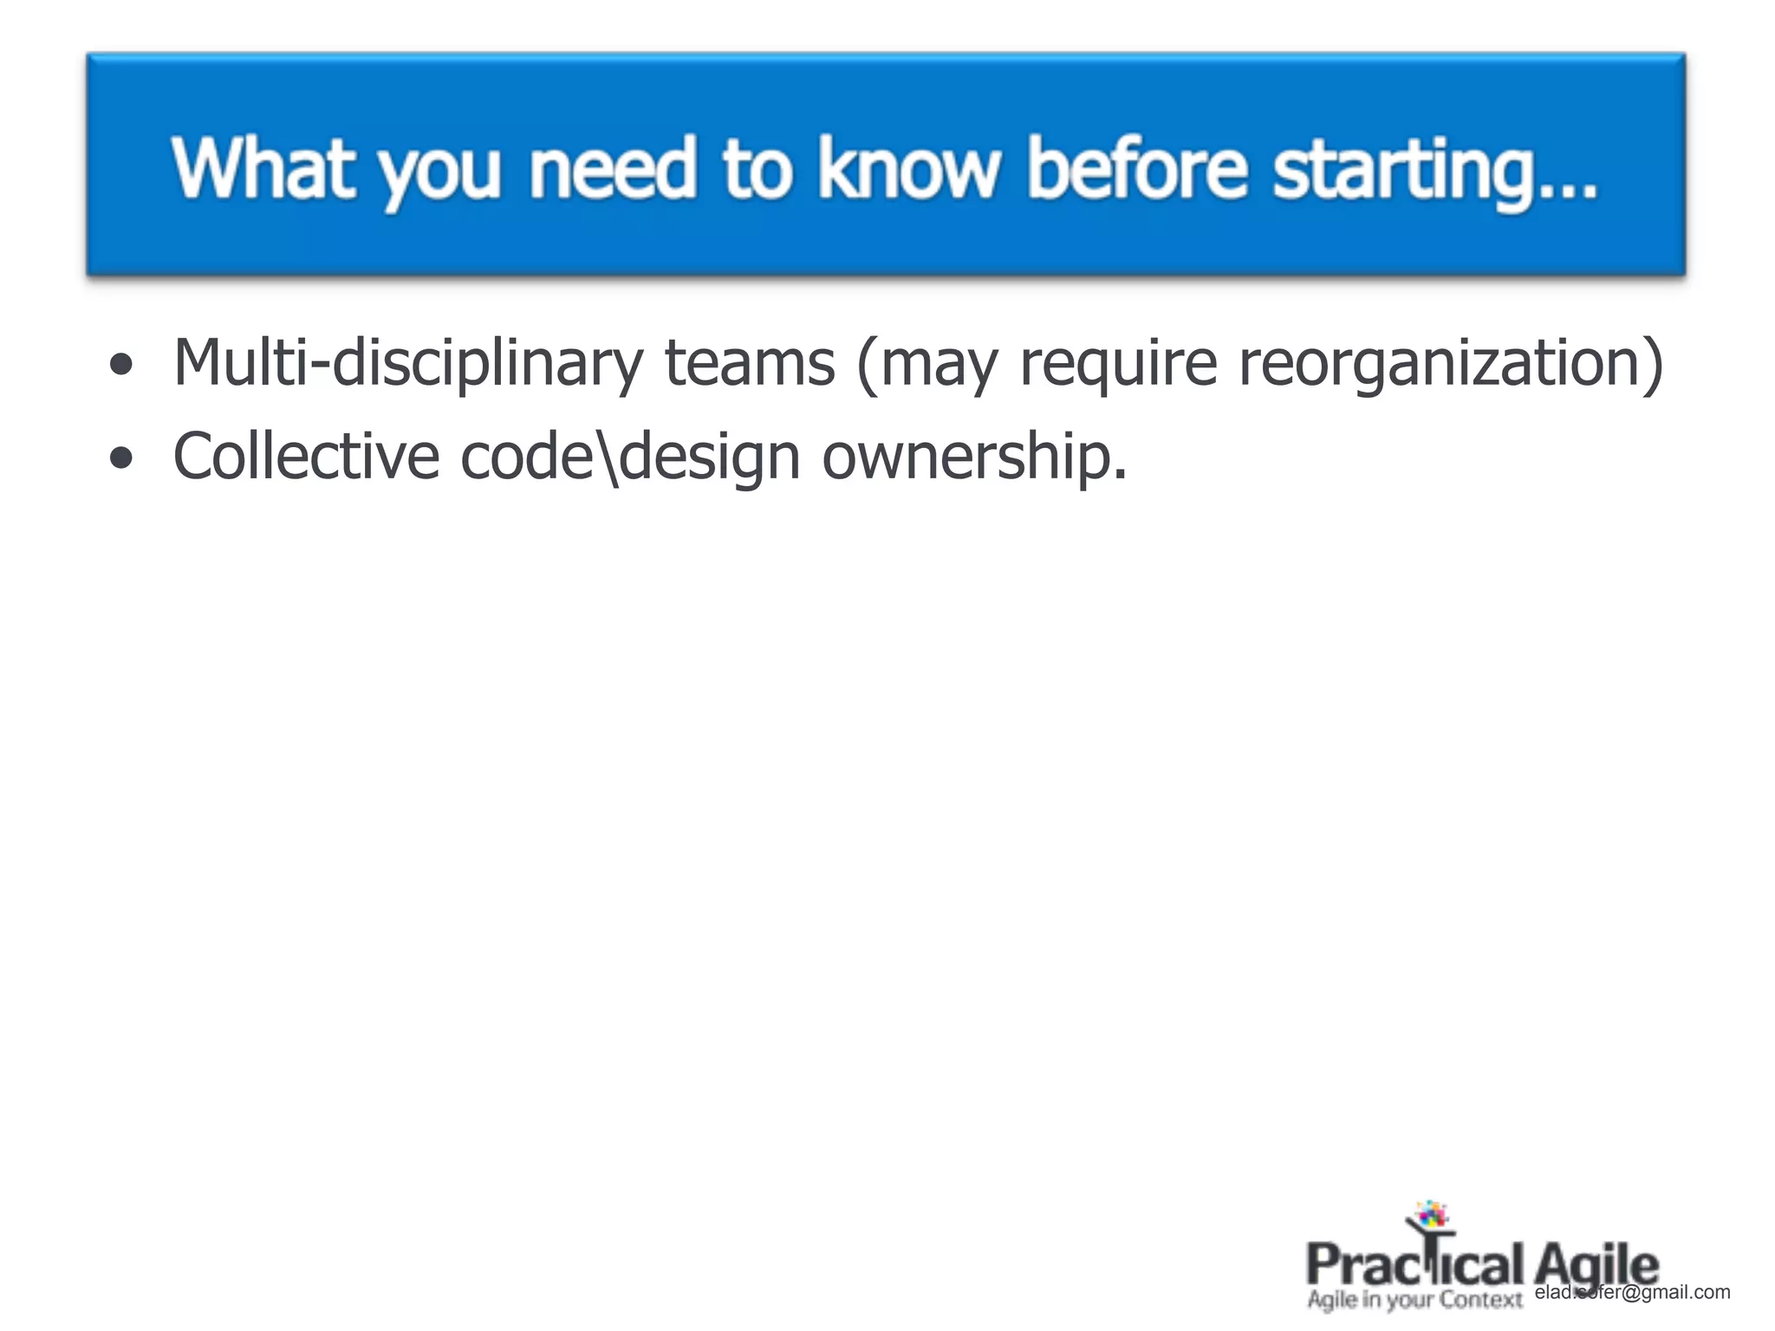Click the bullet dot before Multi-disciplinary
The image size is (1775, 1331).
tap(122, 364)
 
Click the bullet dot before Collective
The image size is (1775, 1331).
tap(122, 458)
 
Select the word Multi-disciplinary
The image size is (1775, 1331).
tap(407, 362)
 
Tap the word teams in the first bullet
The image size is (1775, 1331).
tap(749, 362)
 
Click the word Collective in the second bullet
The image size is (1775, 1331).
tap(306, 456)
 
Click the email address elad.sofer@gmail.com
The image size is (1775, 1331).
tap(1632, 1292)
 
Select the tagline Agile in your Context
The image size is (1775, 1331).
tap(1414, 1300)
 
